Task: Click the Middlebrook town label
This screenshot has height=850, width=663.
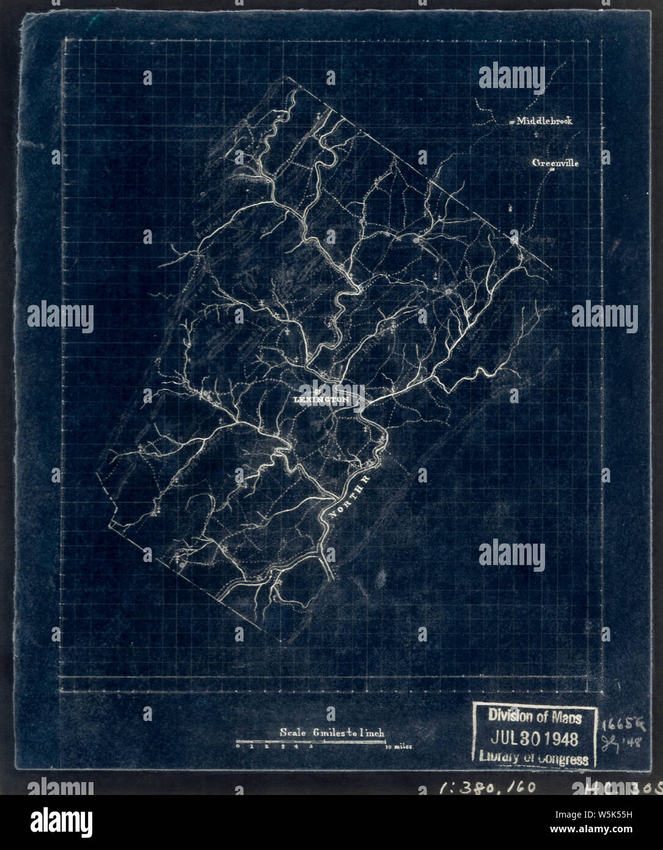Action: coord(544,121)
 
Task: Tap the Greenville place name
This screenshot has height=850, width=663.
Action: coord(555,163)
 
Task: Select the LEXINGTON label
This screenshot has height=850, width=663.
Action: coord(321,399)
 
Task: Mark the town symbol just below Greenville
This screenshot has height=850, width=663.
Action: coord(552,172)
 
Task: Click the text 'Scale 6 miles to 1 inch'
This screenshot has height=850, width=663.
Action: coord(332,731)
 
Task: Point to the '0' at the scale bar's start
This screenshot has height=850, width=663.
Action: coord(238,747)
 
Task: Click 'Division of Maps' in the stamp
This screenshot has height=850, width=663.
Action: coord(534,717)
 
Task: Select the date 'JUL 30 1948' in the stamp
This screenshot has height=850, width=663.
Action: coord(534,739)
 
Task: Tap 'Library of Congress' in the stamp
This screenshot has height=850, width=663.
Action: coord(534,758)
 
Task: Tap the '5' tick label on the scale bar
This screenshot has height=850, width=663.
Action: coord(312,747)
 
